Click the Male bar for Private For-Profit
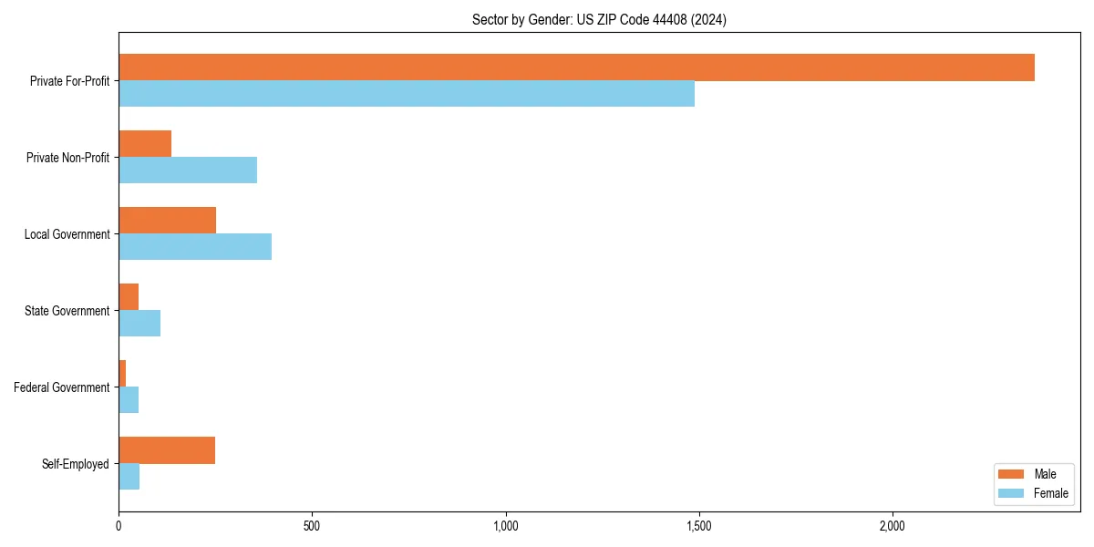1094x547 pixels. tap(576, 67)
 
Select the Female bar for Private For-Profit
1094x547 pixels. tap(407, 94)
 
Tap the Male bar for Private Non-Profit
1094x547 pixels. tap(145, 144)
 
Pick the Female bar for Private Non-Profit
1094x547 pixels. tap(188, 170)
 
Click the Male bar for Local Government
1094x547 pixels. tap(168, 221)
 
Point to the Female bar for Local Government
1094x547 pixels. tap(195, 247)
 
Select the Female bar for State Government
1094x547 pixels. tap(139, 324)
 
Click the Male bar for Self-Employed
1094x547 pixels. tap(167, 450)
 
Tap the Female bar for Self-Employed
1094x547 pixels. tap(129, 477)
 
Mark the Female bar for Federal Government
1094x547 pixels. tap(129, 400)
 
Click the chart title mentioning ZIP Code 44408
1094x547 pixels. tap(599, 19)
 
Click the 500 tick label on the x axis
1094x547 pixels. tap(312, 526)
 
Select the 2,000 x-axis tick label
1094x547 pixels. tap(893, 526)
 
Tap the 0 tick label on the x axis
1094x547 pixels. tap(119, 526)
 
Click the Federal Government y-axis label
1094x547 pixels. tap(62, 387)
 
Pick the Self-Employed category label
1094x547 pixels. tap(76, 464)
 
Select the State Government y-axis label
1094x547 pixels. tap(67, 311)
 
